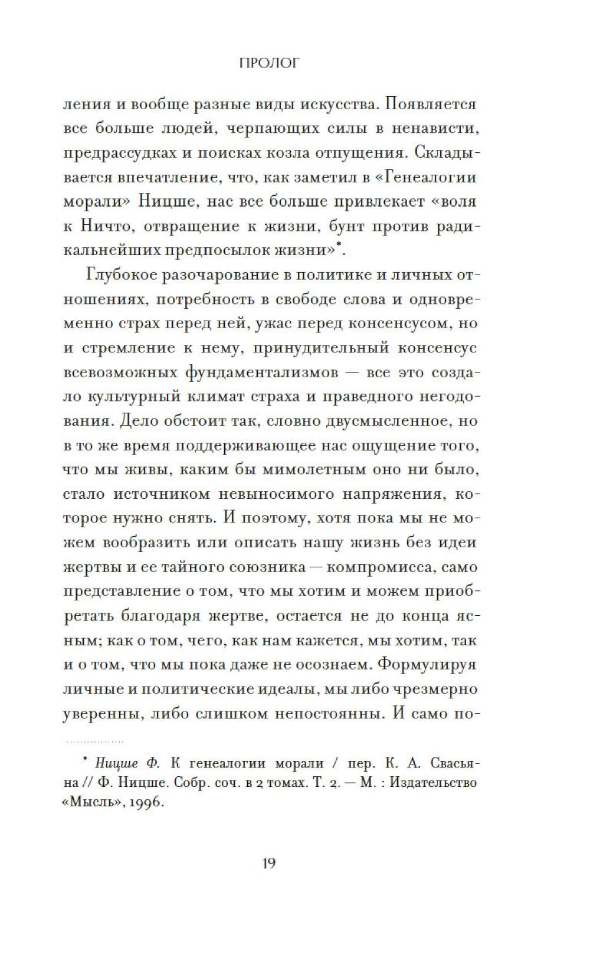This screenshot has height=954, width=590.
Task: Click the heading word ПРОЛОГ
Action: click(x=268, y=63)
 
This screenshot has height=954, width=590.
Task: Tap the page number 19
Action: click(x=268, y=863)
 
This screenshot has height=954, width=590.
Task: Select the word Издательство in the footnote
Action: click(x=433, y=783)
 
